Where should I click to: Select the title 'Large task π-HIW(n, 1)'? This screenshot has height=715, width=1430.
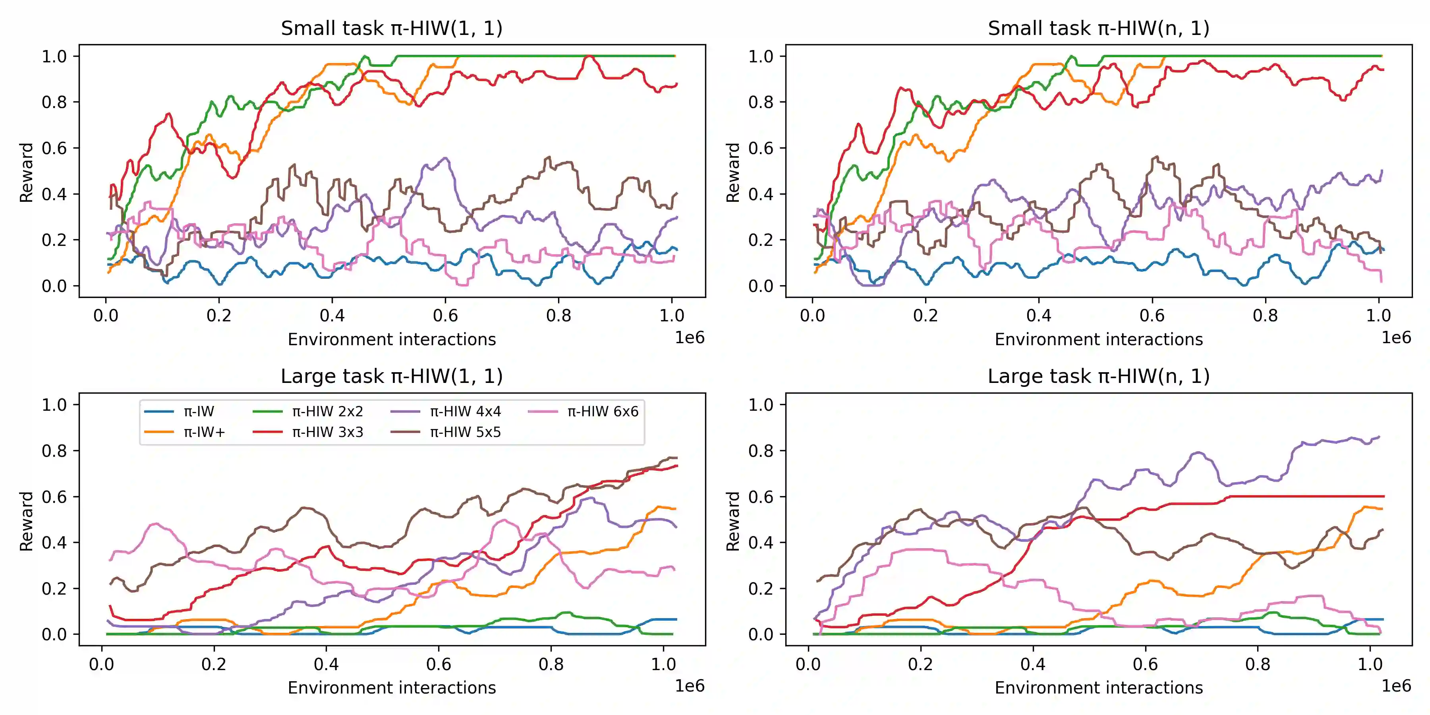(x=1098, y=377)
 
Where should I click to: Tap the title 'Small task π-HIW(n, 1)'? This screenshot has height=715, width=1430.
(x=1098, y=28)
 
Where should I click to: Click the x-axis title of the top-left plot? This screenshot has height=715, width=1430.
(x=391, y=339)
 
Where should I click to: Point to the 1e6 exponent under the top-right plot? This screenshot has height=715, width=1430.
(x=1395, y=338)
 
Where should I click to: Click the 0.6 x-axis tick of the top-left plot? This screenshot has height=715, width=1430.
(x=445, y=316)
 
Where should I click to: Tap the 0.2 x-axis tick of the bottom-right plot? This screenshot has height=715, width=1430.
(x=920, y=665)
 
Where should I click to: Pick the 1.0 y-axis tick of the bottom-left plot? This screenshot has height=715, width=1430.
(x=54, y=405)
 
